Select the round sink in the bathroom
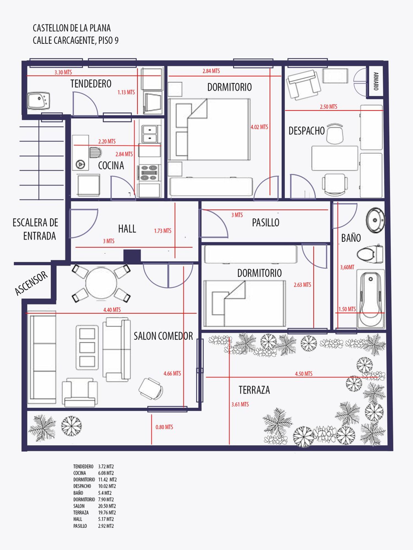click(375, 220)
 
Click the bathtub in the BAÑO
click(370, 299)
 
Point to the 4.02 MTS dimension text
click(259, 127)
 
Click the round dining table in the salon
click(101, 283)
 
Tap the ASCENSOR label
click(31, 283)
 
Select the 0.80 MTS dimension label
click(164, 427)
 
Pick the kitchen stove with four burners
click(149, 173)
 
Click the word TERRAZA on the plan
click(254, 390)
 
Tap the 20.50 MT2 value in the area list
click(107, 506)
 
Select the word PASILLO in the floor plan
click(266, 222)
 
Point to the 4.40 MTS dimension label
click(112, 310)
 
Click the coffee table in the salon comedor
click(87, 347)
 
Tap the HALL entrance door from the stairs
click(83, 223)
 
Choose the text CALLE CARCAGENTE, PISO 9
click(76, 40)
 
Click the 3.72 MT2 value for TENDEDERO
click(106, 466)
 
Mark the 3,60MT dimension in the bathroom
click(347, 267)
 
